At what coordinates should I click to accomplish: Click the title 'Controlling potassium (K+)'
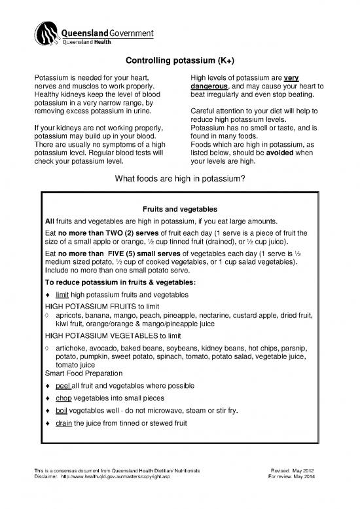point(180,62)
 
